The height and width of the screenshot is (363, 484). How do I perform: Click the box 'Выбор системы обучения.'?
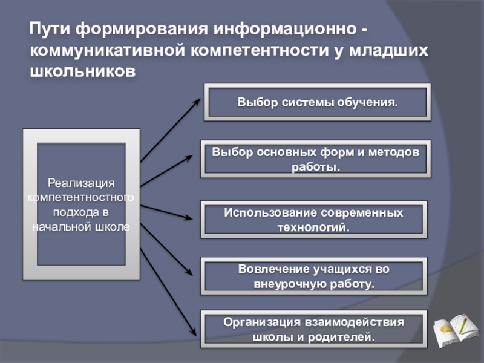[317, 102]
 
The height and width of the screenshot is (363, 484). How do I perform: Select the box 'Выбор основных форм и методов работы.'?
[315, 159]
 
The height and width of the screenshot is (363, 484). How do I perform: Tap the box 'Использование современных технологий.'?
[313, 220]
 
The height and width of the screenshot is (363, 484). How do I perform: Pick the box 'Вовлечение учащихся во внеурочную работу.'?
[313, 275]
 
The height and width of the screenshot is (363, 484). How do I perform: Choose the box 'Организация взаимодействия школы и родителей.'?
[313, 329]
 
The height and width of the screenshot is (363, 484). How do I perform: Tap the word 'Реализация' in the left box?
[81, 183]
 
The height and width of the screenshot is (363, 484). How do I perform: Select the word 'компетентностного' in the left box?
[81, 197]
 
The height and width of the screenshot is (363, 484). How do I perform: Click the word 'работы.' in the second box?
[315, 166]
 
